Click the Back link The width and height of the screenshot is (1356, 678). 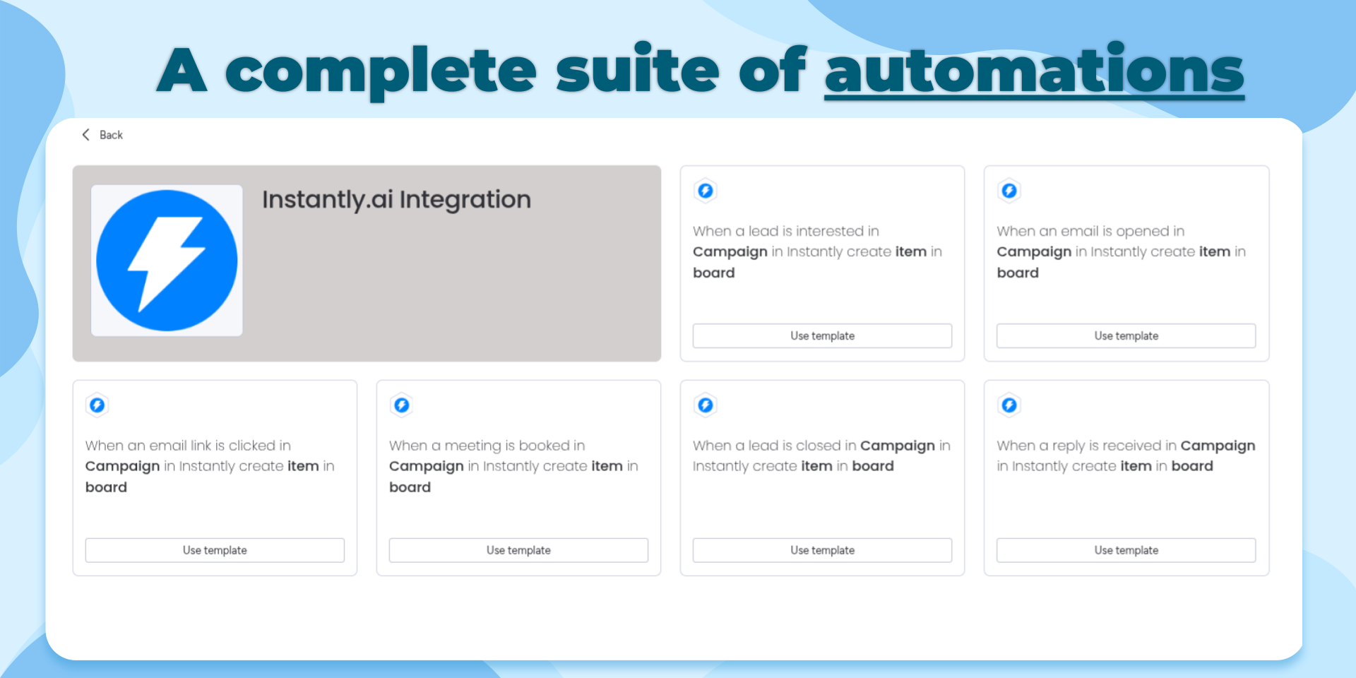(x=102, y=135)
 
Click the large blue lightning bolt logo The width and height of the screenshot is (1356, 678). (x=167, y=261)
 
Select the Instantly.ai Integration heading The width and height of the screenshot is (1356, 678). (x=396, y=200)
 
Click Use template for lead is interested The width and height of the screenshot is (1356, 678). (x=822, y=336)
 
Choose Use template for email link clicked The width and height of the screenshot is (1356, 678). (x=215, y=550)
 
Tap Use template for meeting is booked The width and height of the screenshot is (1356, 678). (x=518, y=550)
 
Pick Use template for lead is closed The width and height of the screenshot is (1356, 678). (x=822, y=550)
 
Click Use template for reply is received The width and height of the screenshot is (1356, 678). (x=1126, y=550)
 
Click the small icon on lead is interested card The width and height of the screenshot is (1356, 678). (x=706, y=191)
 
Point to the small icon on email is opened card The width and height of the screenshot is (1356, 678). (x=1009, y=191)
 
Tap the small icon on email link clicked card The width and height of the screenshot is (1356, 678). (x=97, y=405)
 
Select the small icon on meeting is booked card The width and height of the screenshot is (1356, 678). (x=402, y=405)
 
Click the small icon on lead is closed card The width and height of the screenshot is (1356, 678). (x=706, y=405)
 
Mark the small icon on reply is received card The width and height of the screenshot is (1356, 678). (x=1009, y=405)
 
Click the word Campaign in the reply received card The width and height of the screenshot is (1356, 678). (x=1218, y=446)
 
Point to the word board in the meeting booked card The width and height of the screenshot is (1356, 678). (x=410, y=487)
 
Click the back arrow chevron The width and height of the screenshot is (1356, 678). (x=85, y=135)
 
